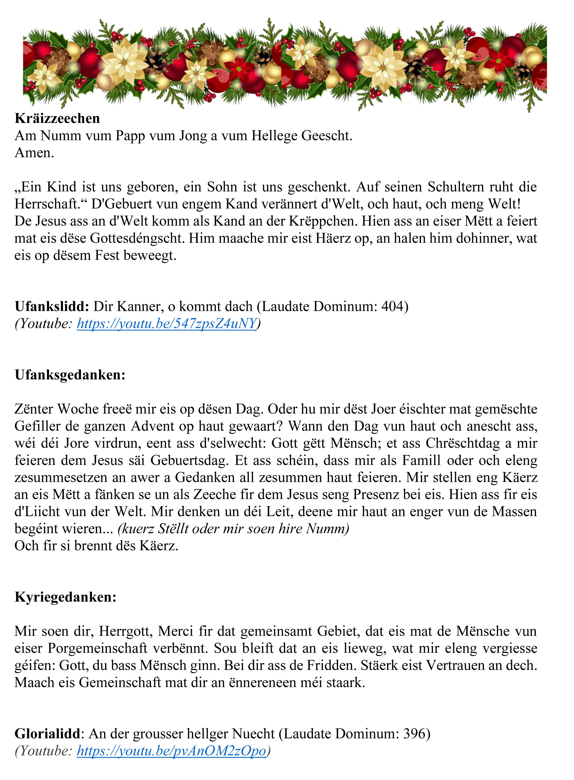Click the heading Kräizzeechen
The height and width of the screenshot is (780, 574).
tap(57, 118)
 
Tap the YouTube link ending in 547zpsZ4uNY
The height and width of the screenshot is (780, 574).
tap(166, 324)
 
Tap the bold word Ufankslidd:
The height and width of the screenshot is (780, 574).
tap(52, 307)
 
